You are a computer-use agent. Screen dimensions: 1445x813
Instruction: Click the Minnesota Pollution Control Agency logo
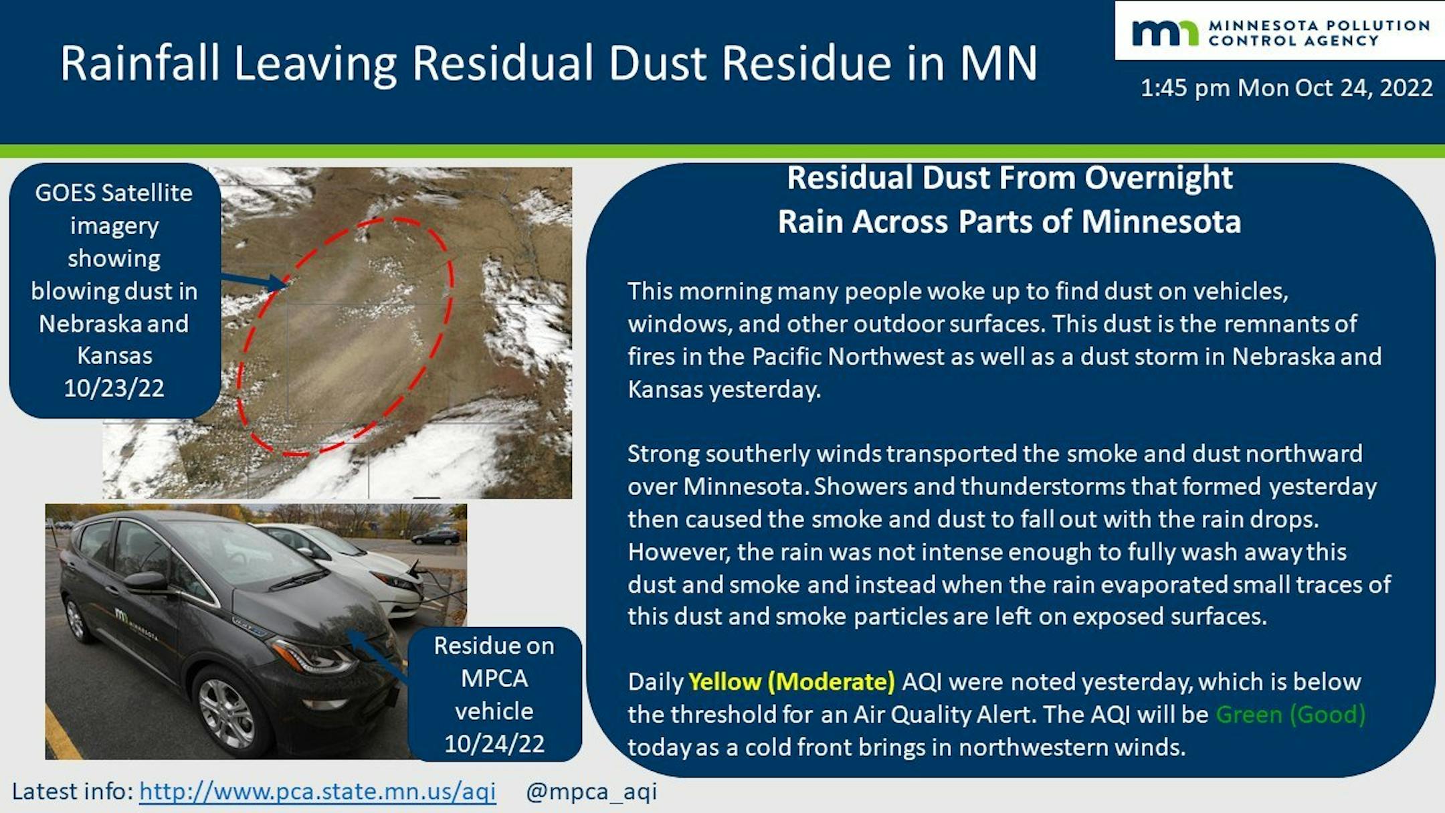coord(1280,33)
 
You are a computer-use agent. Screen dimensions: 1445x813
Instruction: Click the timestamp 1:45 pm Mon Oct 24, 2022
coord(1286,88)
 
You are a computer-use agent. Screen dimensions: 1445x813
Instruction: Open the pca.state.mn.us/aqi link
coord(318,792)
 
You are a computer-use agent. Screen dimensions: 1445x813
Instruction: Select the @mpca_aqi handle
coord(591,792)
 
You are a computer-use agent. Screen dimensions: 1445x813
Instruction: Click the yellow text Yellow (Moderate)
coord(791,682)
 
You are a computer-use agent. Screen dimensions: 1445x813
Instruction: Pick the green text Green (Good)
coord(1290,715)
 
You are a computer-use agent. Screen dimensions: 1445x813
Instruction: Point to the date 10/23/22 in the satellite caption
coord(114,388)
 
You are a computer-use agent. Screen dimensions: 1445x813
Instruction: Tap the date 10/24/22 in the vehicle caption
coord(494,743)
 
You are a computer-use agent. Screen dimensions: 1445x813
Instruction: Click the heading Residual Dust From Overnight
coord(1009,178)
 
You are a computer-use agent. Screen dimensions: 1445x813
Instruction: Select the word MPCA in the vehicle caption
coord(494,679)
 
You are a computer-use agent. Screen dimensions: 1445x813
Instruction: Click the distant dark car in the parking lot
coord(436,537)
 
